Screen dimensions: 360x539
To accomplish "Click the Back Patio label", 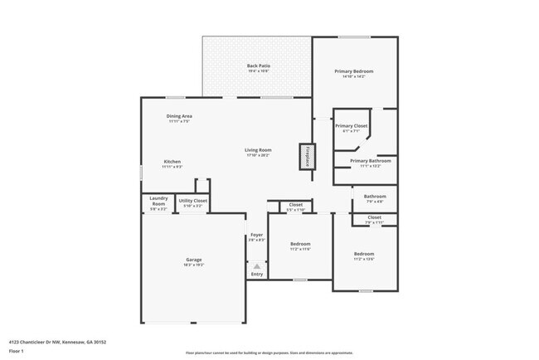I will coord(258,66).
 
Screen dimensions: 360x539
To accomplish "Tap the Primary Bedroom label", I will coord(354,71).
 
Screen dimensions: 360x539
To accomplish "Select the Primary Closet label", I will coord(354,125).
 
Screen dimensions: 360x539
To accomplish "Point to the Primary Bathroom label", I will coord(370,161).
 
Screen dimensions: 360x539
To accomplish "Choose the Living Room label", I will coord(257,150).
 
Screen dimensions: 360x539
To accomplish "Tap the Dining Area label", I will coord(180,116).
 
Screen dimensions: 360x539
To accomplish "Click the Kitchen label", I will coord(172,162).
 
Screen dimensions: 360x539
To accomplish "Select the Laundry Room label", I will coord(158,201).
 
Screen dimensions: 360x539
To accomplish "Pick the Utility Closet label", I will coord(192,201).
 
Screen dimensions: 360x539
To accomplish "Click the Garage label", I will coord(193,260).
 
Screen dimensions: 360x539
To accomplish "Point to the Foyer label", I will coord(256,236).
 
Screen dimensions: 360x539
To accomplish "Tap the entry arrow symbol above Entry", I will coord(256,265).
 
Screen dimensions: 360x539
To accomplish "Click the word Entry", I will coord(256,275).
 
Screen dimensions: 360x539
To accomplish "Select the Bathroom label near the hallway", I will coord(375,197).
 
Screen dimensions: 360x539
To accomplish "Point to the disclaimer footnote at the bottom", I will coord(269,353).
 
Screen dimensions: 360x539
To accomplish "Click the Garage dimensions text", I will coord(193,265).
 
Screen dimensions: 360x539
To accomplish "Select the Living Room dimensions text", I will coord(257,155).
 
